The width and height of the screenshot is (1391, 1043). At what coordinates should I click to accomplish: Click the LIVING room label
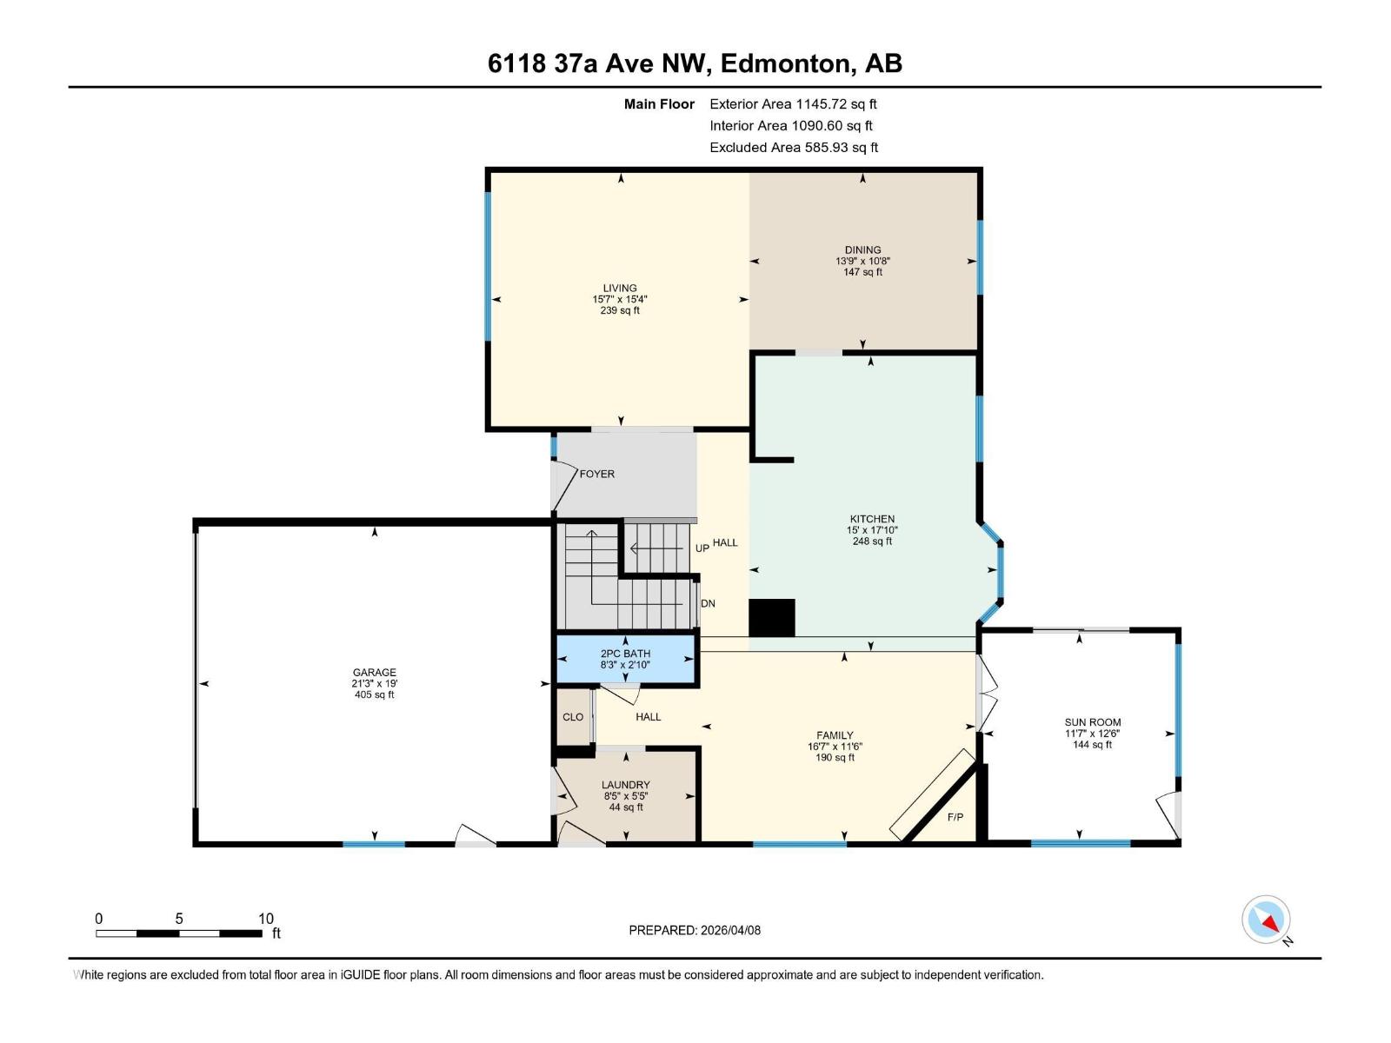click(x=620, y=289)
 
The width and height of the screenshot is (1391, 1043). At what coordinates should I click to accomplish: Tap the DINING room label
click(x=862, y=250)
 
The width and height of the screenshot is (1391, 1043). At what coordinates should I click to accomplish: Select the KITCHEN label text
click(x=872, y=520)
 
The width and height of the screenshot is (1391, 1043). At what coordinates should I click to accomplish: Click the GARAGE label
click(x=374, y=673)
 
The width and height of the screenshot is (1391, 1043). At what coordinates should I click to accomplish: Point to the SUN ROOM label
click(x=1093, y=722)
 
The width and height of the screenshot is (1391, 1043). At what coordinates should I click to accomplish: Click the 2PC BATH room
click(x=625, y=660)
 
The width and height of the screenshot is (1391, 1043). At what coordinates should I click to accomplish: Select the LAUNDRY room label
click(x=625, y=785)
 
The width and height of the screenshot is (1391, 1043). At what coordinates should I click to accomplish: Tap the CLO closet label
click(x=573, y=717)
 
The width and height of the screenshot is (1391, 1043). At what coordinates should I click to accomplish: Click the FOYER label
click(x=597, y=475)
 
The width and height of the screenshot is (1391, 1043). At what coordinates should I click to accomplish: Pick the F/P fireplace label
click(x=955, y=817)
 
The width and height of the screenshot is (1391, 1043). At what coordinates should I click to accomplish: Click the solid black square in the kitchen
click(x=772, y=619)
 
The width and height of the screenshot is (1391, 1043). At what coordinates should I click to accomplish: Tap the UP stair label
click(x=702, y=548)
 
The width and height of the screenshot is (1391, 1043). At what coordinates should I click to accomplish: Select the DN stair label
click(x=708, y=603)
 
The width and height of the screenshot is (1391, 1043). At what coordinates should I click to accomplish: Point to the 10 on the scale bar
click(x=265, y=919)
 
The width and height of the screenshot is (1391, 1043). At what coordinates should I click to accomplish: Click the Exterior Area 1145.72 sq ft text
click(x=793, y=104)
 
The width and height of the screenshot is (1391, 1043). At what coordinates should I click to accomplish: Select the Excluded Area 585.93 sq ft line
click(x=793, y=148)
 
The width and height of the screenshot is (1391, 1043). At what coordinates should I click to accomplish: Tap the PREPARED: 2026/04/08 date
click(x=695, y=930)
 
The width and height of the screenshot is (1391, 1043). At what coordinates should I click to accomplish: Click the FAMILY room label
click(x=835, y=735)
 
